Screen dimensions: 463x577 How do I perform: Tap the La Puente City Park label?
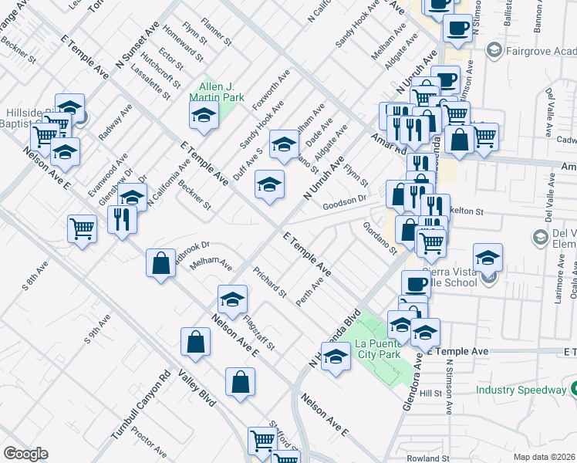(378, 349)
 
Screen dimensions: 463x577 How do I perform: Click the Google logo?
(25, 454)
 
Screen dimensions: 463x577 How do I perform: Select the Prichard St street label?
(270, 283)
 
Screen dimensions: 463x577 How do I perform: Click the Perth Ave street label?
(309, 291)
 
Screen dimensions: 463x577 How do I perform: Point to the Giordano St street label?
(380, 238)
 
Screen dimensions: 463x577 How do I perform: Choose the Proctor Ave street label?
(150, 444)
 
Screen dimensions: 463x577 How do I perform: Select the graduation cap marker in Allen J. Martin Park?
(204, 117)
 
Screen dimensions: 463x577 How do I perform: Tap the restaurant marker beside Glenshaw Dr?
(123, 221)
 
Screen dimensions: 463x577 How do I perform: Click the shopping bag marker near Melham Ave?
(160, 264)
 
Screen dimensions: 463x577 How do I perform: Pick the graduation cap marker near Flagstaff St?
(232, 299)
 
